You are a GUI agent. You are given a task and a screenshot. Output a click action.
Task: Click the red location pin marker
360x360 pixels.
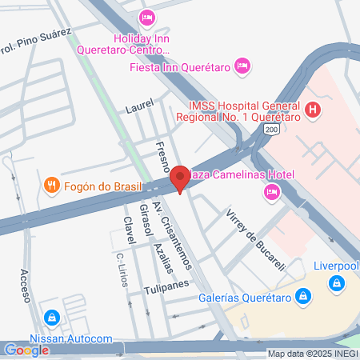click(180, 178)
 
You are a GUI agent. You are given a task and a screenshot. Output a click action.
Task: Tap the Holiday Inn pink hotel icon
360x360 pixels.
click(146, 18)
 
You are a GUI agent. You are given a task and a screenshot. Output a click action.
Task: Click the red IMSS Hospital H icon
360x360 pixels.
click(313, 110)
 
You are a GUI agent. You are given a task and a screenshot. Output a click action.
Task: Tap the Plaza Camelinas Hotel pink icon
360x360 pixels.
click(273, 190)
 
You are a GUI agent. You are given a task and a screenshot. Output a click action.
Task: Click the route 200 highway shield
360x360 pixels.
click(274, 129)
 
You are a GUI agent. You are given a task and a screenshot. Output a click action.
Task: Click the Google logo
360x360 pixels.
click(26, 350)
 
